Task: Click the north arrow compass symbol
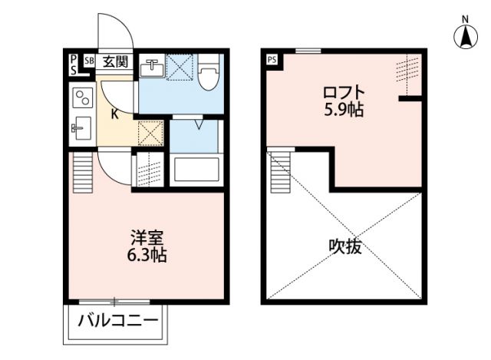tap(465, 35)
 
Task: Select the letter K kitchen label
tap(114, 115)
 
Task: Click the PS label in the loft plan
tap(272, 59)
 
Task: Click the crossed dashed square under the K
tap(150, 134)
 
